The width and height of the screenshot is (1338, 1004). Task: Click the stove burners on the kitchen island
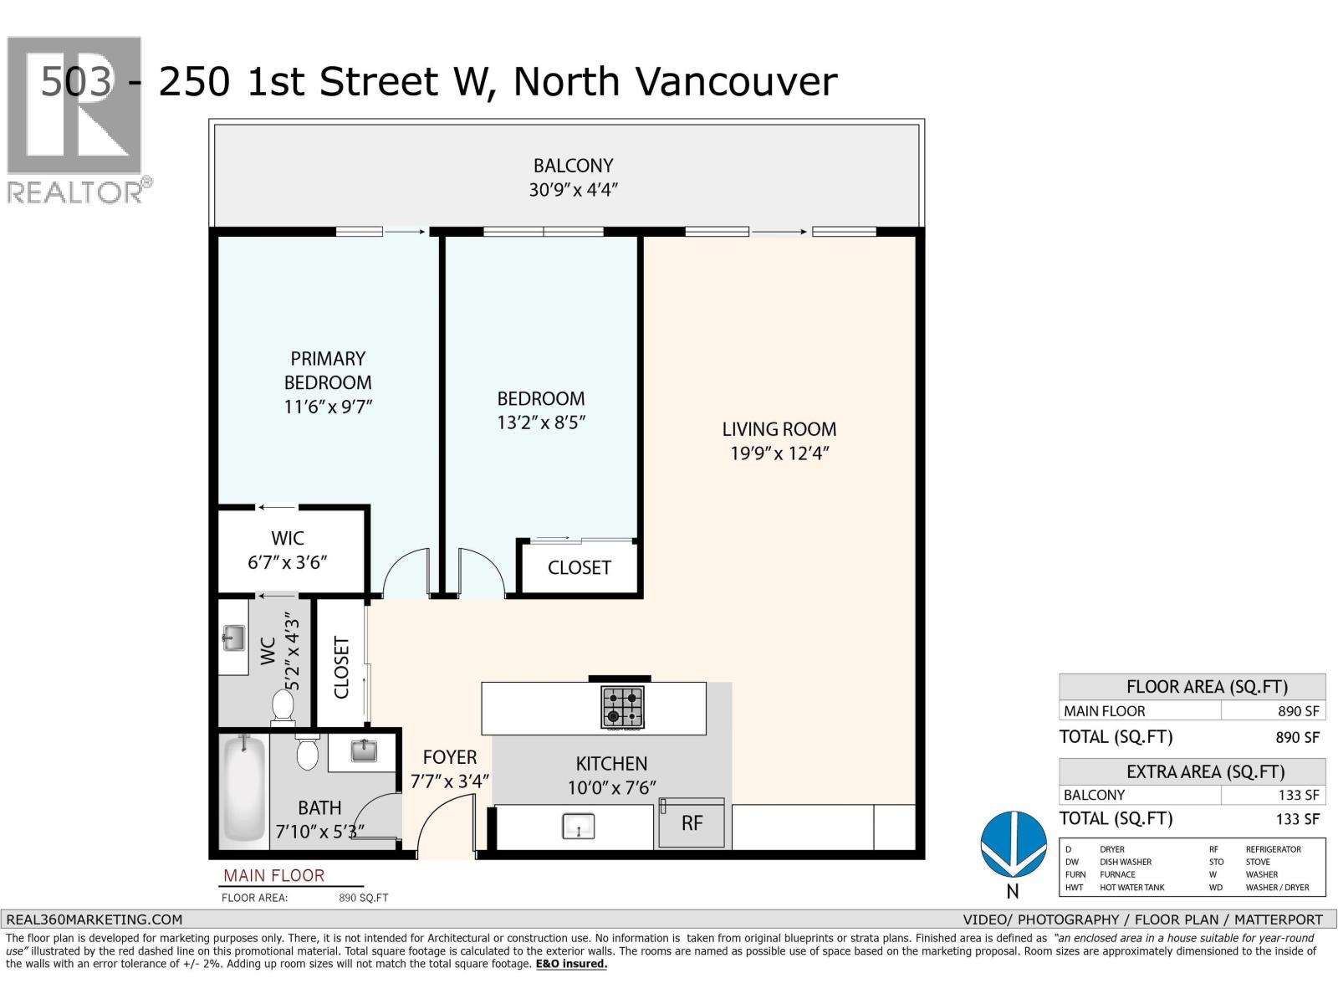(622, 707)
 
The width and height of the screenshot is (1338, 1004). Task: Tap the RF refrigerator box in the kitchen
(692, 822)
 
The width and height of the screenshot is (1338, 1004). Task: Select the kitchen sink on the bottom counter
(578, 827)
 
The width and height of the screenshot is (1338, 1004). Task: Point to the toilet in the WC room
(283, 707)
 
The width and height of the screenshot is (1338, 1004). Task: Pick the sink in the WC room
(233, 638)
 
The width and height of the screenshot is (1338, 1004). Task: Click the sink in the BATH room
(364, 750)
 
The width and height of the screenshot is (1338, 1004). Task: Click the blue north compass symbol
(1013, 845)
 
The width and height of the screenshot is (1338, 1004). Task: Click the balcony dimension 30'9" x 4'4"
(573, 190)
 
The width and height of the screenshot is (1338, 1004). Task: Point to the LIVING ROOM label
(779, 429)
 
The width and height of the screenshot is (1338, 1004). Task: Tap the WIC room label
(288, 538)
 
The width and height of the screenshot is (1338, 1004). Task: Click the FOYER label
(450, 757)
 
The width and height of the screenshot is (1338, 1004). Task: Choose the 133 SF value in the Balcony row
(1299, 795)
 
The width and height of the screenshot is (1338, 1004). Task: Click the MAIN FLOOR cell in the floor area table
(1105, 711)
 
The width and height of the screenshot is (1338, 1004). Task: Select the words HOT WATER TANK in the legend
(1132, 887)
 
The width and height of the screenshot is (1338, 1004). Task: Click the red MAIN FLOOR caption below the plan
(273, 875)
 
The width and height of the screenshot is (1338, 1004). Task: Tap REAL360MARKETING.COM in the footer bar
(94, 919)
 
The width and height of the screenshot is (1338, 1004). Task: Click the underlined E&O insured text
(571, 964)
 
